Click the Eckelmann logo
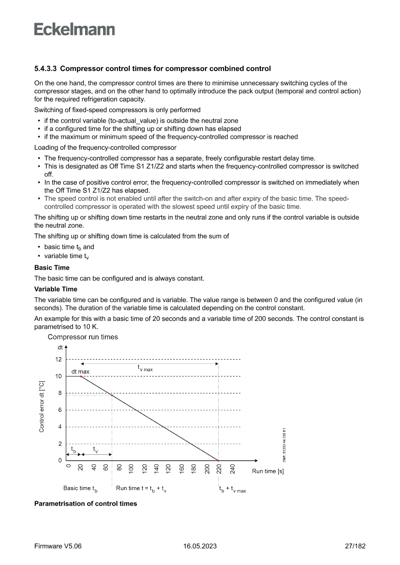[x=74, y=29]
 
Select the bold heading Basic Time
[x=52, y=267]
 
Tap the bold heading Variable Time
[x=56, y=289]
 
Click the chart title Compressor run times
[x=83, y=337]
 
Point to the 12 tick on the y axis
[x=58, y=359]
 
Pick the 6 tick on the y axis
[x=59, y=410]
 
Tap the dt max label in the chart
[x=80, y=371]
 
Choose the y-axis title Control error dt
[x=42, y=405]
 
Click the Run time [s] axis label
[x=267, y=471]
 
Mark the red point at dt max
[x=81, y=376]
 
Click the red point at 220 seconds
[x=218, y=461]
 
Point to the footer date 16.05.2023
[x=200, y=546]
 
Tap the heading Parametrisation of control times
[x=86, y=504]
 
